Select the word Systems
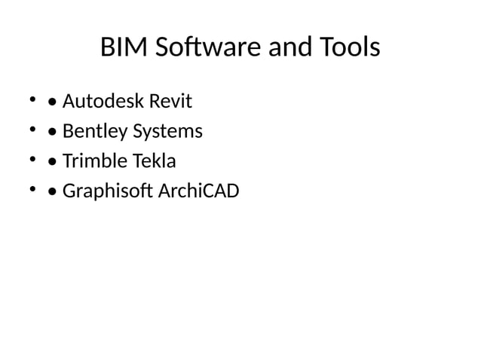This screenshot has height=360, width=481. coord(167,131)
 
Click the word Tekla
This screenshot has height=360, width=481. coord(154,161)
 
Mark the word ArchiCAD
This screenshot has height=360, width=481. coord(198,191)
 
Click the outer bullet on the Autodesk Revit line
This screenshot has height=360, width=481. coord(32,99)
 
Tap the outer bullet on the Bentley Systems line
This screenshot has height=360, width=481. coord(32,129)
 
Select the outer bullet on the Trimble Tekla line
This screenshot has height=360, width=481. coord(32,159)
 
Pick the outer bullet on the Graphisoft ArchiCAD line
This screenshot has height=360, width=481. coord(32,189)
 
